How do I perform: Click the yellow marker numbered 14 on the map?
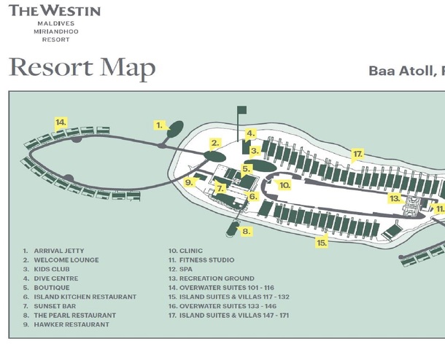coord(61,122)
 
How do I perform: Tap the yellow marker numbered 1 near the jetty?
coord(160,125)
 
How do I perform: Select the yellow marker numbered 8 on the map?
coord(247,231)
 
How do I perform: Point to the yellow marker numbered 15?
coord(321,243)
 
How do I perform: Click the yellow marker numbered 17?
coord(357,154)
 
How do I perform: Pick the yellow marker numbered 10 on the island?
coord(285,186)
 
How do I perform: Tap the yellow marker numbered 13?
coord(395,198)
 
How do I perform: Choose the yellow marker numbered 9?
coord(188,182)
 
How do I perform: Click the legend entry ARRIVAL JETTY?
coord(58,251)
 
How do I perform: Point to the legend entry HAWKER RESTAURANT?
coord(71,324)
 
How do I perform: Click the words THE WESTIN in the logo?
coord(55,11)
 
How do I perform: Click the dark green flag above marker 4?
coord(241,110)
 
